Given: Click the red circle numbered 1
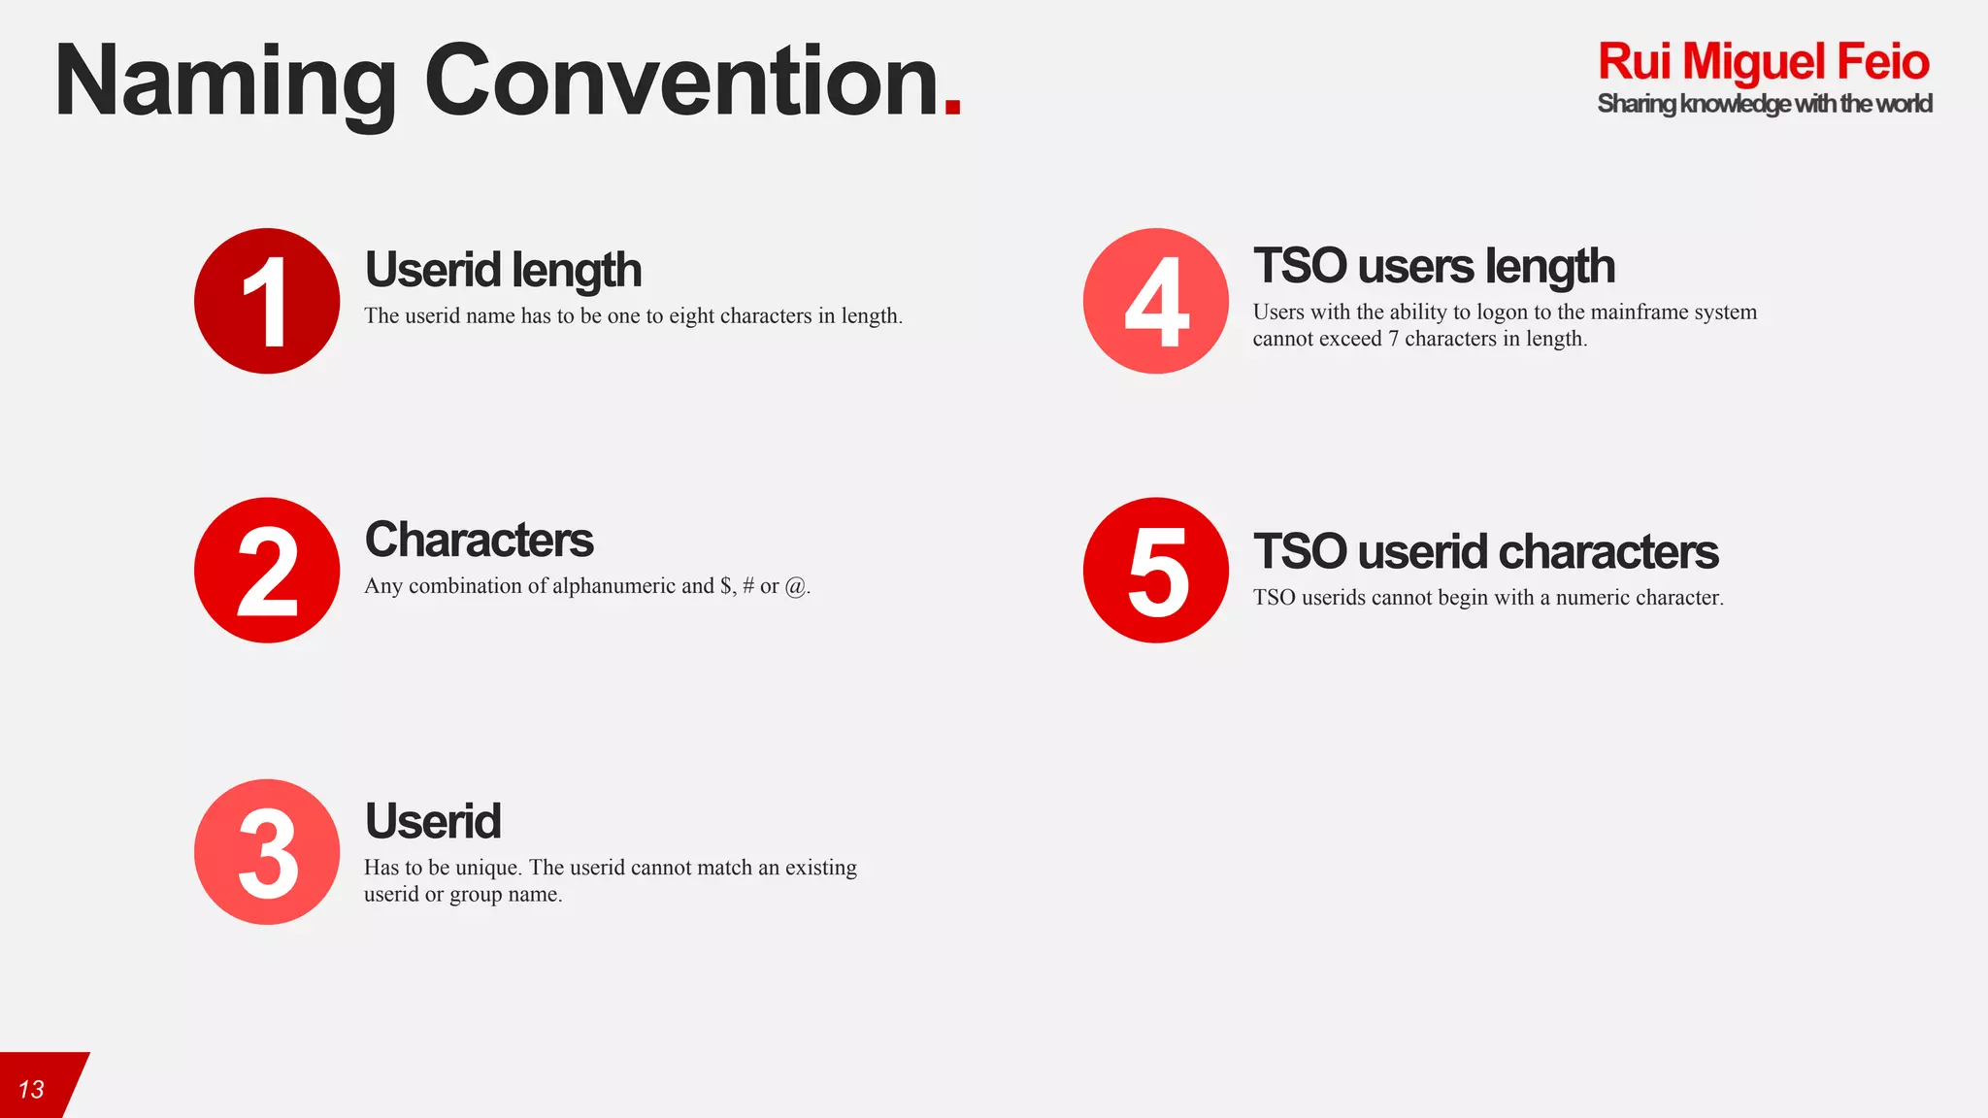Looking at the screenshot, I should (267, 301).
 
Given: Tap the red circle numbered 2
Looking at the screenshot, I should (267, 571).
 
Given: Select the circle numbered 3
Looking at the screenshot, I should (267, 852).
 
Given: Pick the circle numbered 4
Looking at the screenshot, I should (1156, 301).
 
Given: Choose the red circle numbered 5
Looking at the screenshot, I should (1156, 571).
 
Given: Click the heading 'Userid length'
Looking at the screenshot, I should (503, 270).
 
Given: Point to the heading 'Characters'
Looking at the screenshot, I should (479, 540).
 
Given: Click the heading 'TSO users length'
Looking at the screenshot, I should (1434, 266).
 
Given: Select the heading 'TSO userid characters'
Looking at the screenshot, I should (1485, 551).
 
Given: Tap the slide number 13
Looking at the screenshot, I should (31, 1090).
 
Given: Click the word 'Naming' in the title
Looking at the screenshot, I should (225, 82).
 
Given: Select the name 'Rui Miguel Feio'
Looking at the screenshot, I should (1763, 61).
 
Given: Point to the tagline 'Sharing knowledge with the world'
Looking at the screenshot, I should (1764, 104).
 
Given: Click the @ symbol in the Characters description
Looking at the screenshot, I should (795, 586).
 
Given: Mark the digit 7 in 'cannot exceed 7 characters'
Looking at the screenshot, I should (1393, 339).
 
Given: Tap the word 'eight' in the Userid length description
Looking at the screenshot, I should (691, 316).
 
